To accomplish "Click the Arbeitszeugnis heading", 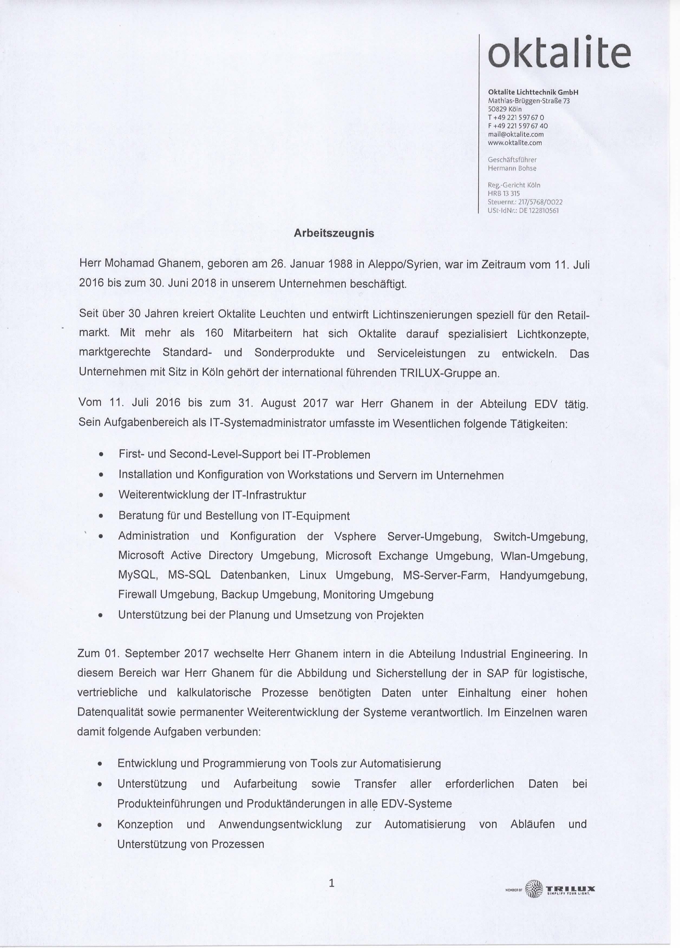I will click(334, 233).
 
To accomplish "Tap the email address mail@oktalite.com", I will click(516, 134).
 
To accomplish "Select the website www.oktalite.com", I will click(515, 143).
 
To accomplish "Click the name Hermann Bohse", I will click(512, 169).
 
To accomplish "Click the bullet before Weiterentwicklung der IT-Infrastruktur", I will click(101, 495).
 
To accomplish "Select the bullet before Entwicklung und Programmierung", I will click(100, 764).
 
